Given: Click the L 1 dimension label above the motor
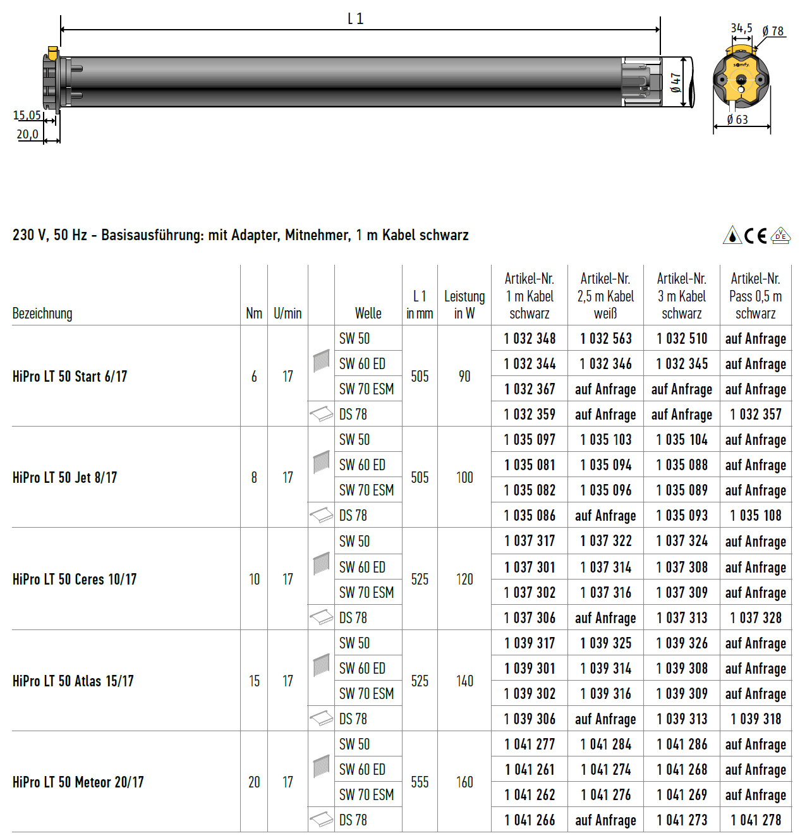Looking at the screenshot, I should [x=355, y=19].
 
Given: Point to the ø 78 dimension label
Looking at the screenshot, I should [x=773, y=31].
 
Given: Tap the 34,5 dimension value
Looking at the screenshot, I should [x=741, y=28].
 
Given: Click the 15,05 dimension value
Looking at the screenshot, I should [x=27, y=115].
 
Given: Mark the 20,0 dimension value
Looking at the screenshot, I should [x=27, y=134].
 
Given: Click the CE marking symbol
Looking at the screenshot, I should [x=756, y=236].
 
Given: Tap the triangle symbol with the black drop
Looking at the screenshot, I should [x=732, y=235].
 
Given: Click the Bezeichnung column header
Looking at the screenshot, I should [x=42, y=313].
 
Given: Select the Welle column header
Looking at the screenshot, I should [x=368, y=313].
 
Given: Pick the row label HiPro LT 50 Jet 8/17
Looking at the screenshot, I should [x=64, y=478].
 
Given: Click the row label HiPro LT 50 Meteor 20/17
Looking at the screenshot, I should [x=78, y=782].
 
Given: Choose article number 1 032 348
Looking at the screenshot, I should [x=530, y=339].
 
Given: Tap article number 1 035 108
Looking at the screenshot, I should [x=756, y=516].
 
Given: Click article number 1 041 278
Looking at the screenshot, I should [x=756, y=820].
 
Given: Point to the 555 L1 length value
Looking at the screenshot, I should [x=420, y=782].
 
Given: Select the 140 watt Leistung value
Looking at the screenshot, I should [x=464, y=681].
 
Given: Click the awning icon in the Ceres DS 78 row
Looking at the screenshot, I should [x=322, y=617].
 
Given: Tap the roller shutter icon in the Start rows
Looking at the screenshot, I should [x=322, y=361].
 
